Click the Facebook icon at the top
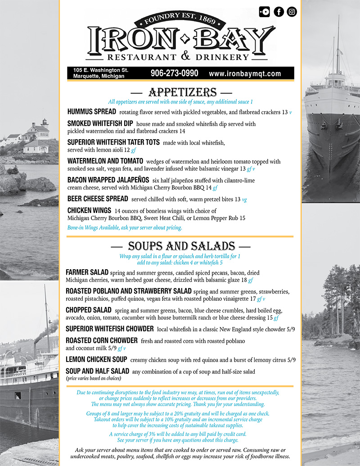[x=279, y=12]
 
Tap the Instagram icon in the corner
[x=292, y=12]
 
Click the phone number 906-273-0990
[x=174, y=73]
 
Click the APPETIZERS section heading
[x=182, y=92]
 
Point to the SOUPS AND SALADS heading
[x=181, y=246]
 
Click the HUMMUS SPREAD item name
[x=92, y=111]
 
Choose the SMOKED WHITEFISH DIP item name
[x=100, y=123]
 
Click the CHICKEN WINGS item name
[x=89, y=210]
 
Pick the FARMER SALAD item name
[x=87, y=272]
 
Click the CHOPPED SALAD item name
[x=89, y=310]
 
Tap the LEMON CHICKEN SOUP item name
[x=96, y=359]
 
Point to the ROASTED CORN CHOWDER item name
[x=102, y=340]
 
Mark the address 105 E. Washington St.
[x=101, y=70]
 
